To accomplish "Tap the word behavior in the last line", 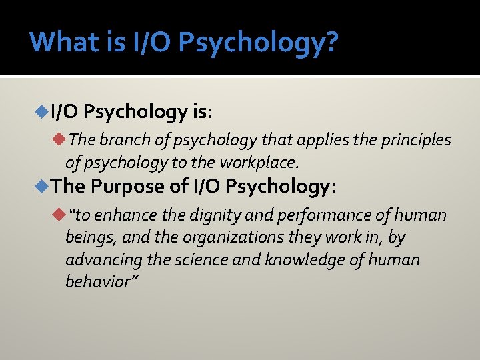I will click(x=97, y=281).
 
